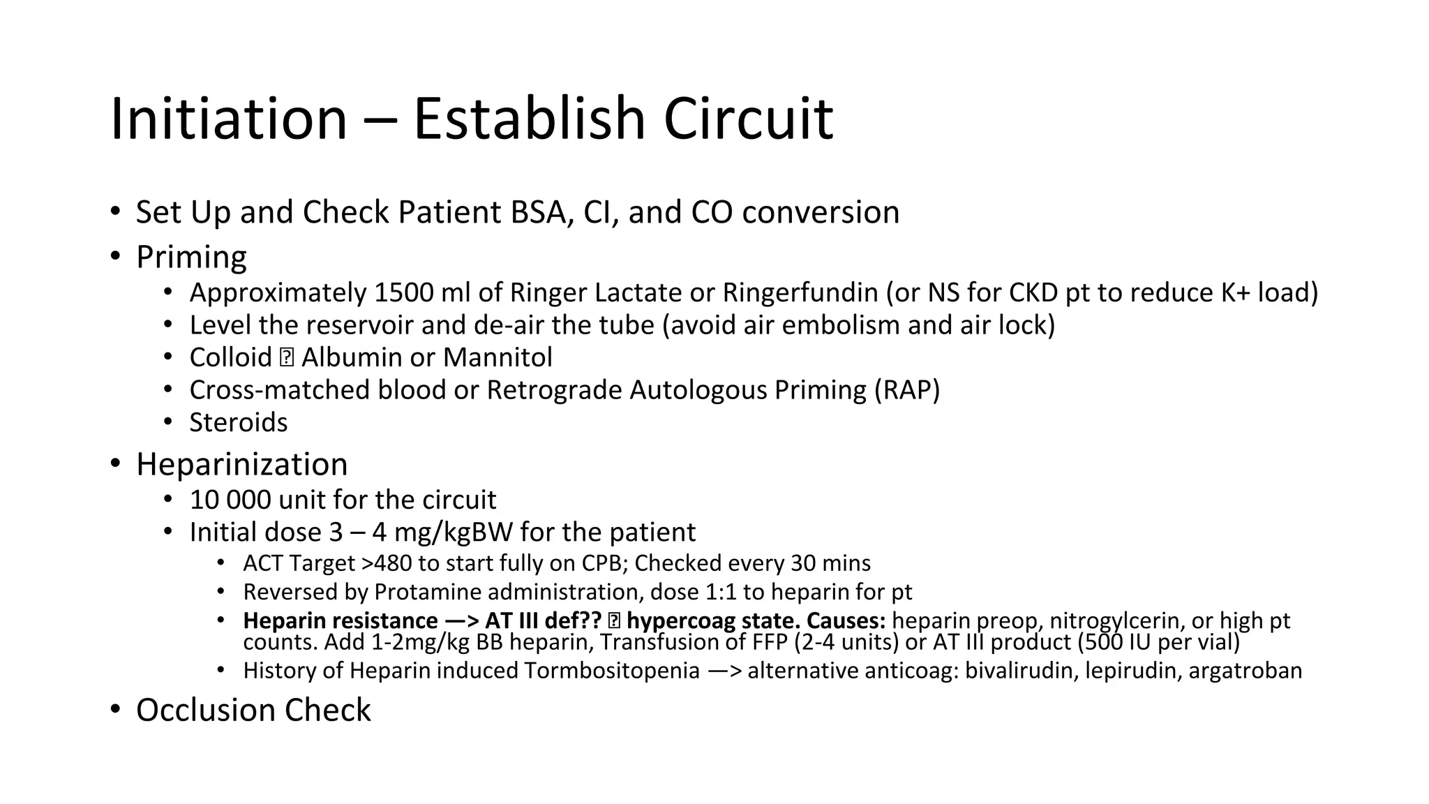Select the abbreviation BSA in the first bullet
(541, 212)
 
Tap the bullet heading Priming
(191, 257)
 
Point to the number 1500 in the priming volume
(404, 292)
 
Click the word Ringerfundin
(800, 292)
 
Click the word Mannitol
(497, 357)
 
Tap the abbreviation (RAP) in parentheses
(907, 389)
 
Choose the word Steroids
(239, 422)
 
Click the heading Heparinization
(241, 464)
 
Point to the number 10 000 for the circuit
(230, 500)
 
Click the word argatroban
(1245, 671)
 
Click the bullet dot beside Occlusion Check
(114, 710)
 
